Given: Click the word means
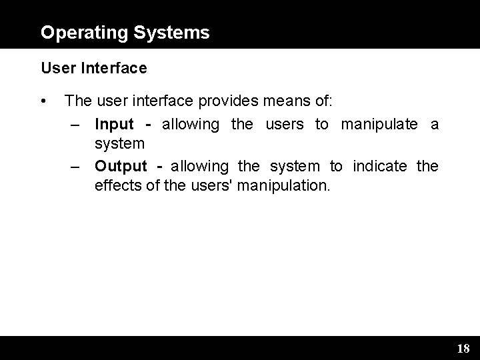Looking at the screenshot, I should tap(282, 102).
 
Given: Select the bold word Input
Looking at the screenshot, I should tap(114, 124).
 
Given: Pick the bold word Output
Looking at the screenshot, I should tap(120, 165).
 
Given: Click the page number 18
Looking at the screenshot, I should tap(463, 348).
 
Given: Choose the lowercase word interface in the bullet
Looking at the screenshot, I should tap(158, 102).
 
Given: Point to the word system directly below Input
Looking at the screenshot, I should tap(120, 144).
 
